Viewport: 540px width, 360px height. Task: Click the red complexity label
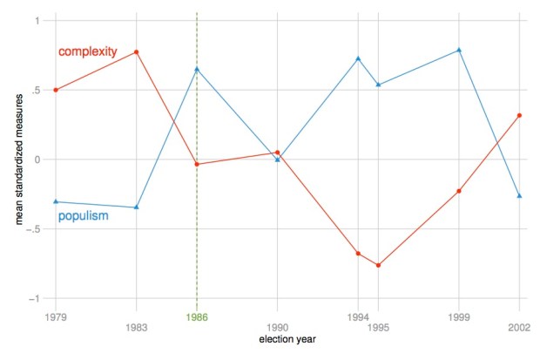(x=87, y=52)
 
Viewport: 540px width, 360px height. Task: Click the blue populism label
(x=83, y=215)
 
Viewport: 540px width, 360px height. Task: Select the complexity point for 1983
(x=137, y=52)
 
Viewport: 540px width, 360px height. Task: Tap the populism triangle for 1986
(x=197, y=69)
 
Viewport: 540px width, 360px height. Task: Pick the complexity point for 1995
(x=378, y=265)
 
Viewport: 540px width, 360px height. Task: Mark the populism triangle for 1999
(x=459, y=50)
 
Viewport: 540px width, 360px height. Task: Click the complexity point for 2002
(x=519, y=115)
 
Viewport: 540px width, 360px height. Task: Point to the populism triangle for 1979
(x=56, y=201)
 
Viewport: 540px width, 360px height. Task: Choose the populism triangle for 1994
(x=358, y=58)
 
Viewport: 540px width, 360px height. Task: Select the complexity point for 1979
(x=56, y=90)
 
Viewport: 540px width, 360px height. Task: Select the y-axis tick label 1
(x=37, y=20)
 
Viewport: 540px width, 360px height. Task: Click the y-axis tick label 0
(x=37, y=160)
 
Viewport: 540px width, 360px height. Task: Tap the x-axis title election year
(x=288, y=338)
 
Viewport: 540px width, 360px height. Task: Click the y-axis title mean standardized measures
(x=18, y=159)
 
